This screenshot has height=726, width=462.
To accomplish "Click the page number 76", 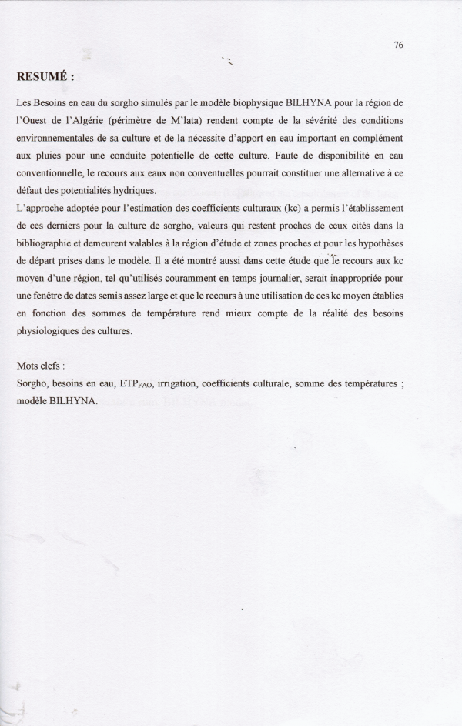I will (398, 45).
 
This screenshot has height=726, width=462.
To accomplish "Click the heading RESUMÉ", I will (45, 77).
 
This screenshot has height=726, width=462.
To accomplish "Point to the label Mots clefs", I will (41, 366).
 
